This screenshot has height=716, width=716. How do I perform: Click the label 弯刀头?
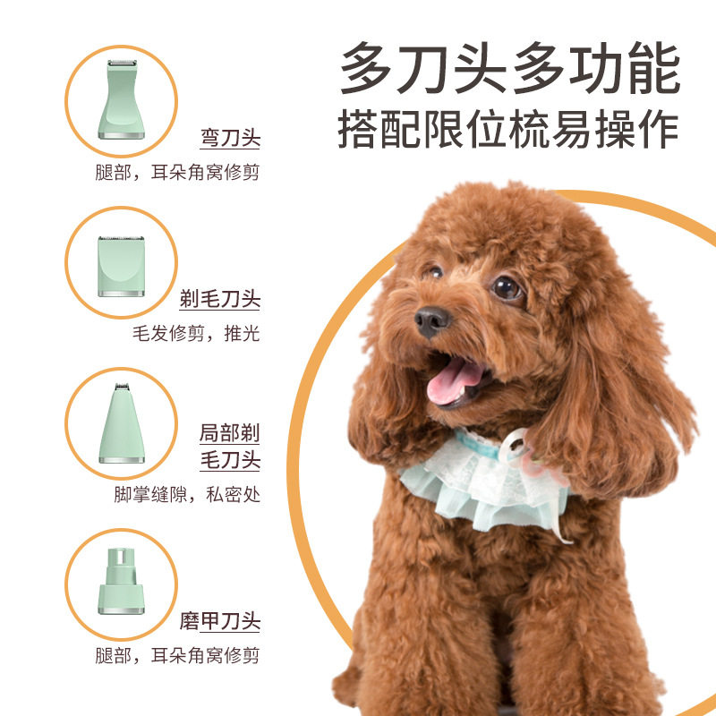(230, 139)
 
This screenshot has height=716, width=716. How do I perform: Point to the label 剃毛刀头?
(219, 299)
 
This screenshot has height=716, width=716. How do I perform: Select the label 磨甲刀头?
(219, 621)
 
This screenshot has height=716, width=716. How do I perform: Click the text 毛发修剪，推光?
(195, 333)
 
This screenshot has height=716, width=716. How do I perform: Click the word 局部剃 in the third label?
(229, 435)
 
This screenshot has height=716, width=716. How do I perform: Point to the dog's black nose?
(431, 320)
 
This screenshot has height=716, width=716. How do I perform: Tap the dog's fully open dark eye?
(507, 287)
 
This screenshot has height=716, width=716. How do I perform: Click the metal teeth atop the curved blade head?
(121, 64)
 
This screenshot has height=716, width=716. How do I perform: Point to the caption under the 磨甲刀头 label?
(177, 655)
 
